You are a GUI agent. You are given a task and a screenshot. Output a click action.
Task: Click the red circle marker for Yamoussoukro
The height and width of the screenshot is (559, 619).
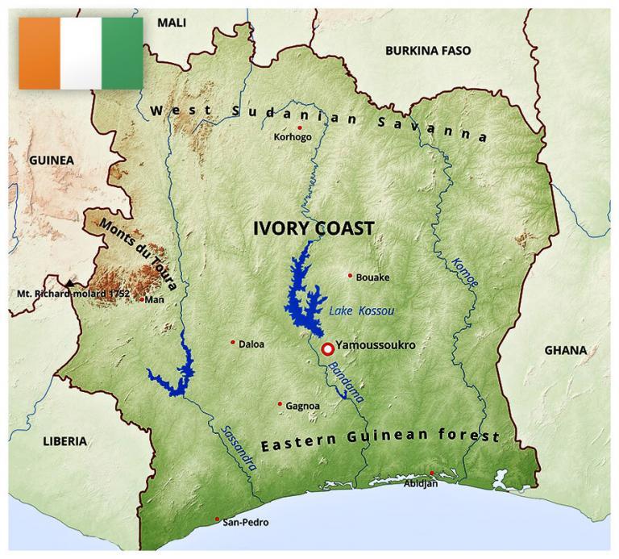328,349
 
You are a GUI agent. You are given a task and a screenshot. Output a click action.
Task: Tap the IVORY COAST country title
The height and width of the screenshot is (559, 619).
314,228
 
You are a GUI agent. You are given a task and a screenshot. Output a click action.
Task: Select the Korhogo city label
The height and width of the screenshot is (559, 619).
293,137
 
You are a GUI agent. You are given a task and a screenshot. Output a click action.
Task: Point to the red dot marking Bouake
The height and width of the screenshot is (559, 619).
350,275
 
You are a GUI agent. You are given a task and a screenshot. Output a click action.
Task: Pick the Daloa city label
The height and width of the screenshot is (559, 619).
251,344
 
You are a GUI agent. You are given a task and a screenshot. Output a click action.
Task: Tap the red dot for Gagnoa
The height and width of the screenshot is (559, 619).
280,404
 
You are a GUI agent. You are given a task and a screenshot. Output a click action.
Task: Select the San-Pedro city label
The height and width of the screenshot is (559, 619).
246,522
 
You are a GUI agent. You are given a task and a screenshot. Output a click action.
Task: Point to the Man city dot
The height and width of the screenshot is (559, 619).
142,300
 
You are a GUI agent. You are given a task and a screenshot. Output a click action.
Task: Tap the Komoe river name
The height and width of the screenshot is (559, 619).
466,273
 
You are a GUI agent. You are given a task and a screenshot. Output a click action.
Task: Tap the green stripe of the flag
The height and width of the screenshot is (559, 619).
123,52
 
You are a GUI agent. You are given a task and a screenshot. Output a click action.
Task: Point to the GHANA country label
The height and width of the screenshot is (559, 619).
565,350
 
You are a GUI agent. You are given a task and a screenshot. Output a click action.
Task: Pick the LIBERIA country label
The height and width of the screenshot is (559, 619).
64,441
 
